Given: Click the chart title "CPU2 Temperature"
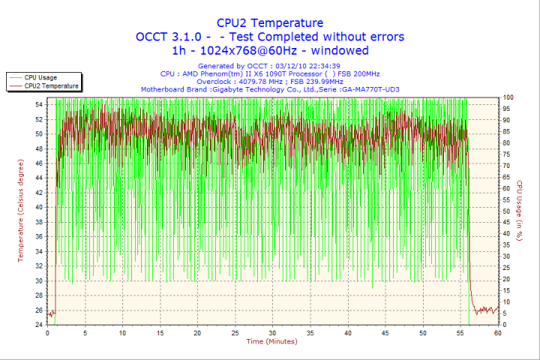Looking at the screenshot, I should tap(269, 22).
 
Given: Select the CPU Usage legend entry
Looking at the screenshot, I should tap(40, 77).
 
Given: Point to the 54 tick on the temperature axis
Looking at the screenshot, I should tap(38, 105).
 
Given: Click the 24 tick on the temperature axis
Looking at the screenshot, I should tap(38, 325).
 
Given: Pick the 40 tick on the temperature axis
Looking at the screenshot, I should tap(38, 208).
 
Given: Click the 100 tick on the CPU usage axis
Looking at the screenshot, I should tap(508, 97).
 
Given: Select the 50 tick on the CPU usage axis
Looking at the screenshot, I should tap(507, 211).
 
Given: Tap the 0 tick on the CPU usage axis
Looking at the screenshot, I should tap(505, 325).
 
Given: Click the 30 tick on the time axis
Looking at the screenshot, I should tap(272, 333).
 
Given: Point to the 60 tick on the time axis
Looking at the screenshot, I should tap(497, 333).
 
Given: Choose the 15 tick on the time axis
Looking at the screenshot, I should tap(160, 333).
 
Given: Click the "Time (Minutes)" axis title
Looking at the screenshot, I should tap(271, 342).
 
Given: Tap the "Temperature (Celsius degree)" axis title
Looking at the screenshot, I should tap(21, 211).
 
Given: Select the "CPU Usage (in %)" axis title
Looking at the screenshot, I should tap(518, 211).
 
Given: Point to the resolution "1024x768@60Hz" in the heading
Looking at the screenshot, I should tap(247, 51).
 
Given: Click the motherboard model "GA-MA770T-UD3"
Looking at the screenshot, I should tap(370, 89).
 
